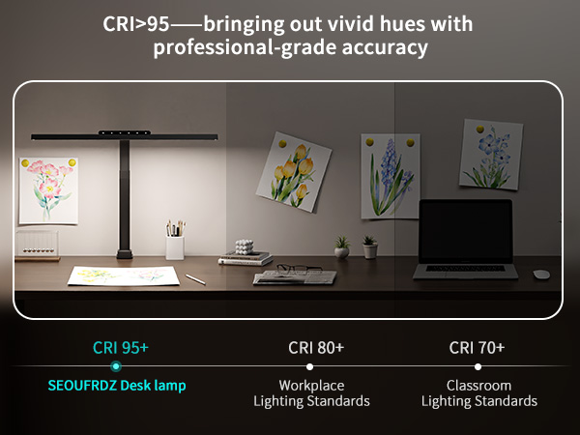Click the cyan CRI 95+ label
click(x=120, y=347)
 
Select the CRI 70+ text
click(x=477, y=347)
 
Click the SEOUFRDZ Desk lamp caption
click(x=117, y=385)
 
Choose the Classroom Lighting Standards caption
click(x=478, y=392)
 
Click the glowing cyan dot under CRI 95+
click(x=115, y=366)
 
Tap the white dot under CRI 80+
click(x=309, y=366)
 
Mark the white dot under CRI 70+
click(x=478, y=366)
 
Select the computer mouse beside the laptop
click(x=541, y=274)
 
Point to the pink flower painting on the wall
click(x=47, y=188)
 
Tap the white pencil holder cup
click(x=175, y=246)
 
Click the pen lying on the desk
click(x=195, y=278)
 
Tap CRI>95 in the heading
click(x=135, y=21)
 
